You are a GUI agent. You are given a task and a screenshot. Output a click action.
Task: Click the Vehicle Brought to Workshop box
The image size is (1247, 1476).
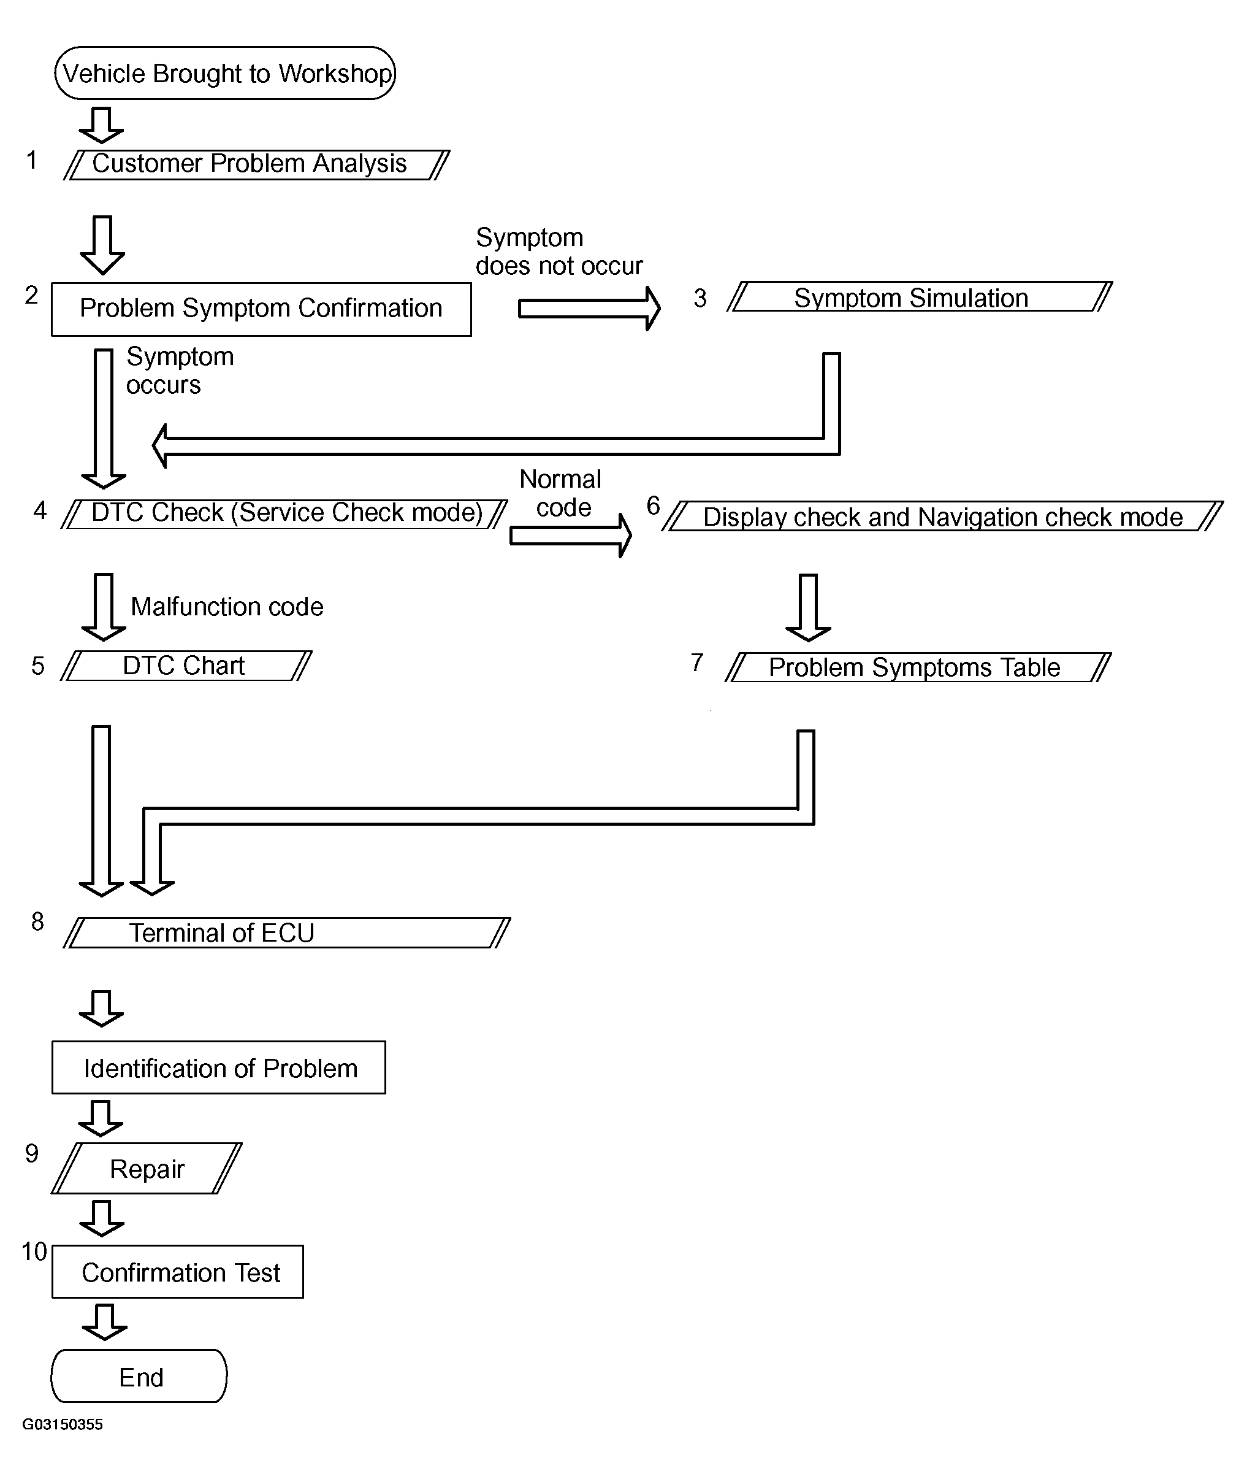click(225, 73)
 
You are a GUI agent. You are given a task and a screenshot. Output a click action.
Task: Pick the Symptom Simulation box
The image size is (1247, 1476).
click(920, 296)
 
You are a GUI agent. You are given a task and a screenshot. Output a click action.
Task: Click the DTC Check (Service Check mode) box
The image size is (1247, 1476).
click(284, 514)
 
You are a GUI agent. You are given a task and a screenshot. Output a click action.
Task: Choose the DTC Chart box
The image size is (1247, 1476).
click(186, 666)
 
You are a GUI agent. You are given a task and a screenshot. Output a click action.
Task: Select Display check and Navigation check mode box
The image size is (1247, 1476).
click(942, 517)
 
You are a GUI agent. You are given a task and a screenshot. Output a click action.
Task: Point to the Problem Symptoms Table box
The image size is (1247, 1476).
click(918, 667)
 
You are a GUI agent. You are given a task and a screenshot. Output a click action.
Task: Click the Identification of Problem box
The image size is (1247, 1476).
click(219, 1067)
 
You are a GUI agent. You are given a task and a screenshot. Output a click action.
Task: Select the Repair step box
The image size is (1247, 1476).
click(147, 1169)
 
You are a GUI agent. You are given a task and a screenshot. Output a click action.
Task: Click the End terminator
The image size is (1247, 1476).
click(139, 1375)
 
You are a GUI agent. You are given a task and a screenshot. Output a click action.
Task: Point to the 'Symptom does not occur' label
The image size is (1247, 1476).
click(559, 251)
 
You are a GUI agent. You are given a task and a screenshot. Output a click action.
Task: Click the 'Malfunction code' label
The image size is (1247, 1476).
click(227, 607)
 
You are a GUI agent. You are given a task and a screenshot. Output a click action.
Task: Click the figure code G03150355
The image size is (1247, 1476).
click(62, 1424)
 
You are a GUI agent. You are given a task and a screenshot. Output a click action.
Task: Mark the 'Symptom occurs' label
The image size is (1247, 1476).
click(180, 371)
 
